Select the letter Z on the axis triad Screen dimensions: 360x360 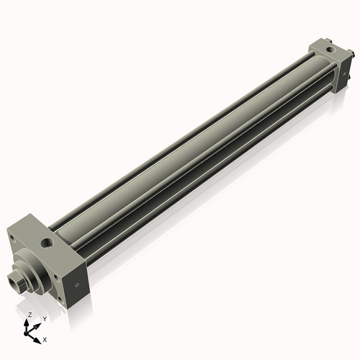coord(29,315)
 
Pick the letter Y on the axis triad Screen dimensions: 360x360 coord(45,318)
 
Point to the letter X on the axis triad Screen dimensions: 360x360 coord(45,338)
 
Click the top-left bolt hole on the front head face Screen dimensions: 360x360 coord(11,233)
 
